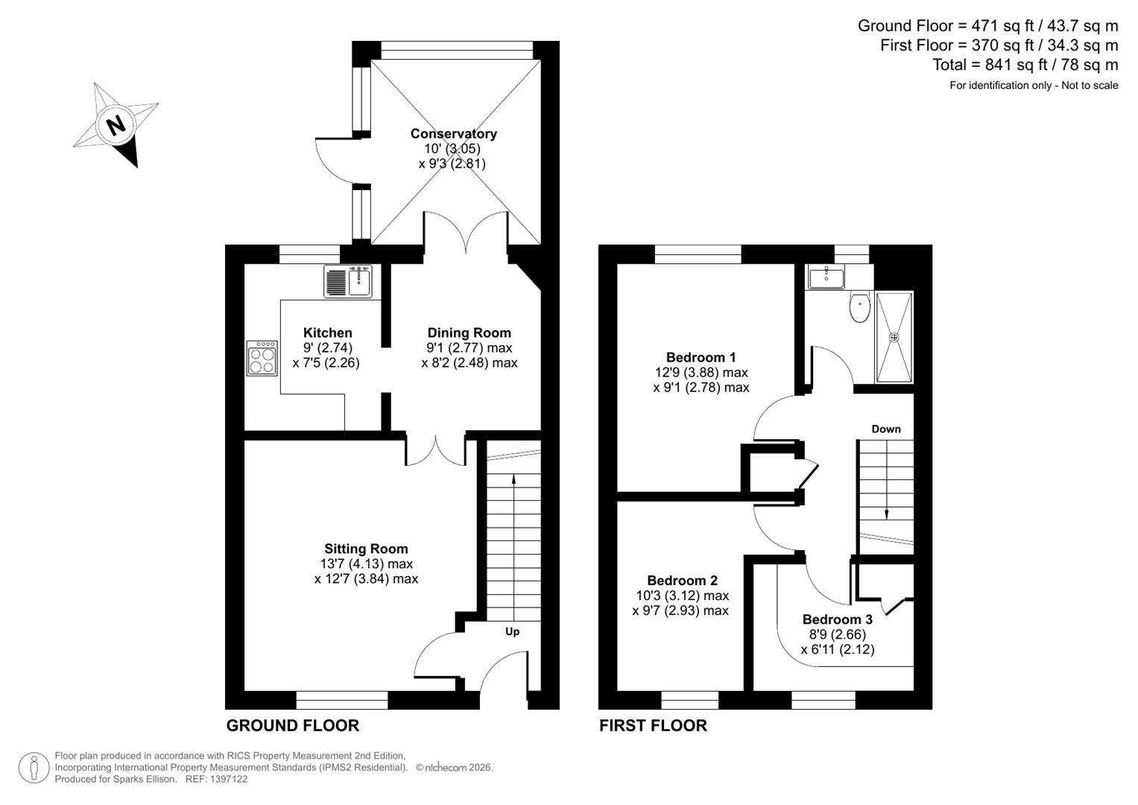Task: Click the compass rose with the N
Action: [x=116, y=124]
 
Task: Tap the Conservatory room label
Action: [x=453, y=134]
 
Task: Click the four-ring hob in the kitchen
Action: [x=262, y=358]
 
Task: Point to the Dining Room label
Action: [x=469, y=333]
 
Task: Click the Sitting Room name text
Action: [x=366, y=549]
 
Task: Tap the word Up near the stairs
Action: [x=512, y=632]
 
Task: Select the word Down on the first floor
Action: [x=885, y=429]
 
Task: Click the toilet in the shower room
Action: [x=859, y=307]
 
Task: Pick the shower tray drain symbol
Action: [x=894, y=337]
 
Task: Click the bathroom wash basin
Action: [x=826, y=277]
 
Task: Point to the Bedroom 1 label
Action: [x=701, y=357]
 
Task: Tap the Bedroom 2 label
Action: [x=682, y=581]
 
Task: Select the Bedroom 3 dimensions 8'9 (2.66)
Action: [x=837, y=634]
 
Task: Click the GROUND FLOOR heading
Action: [x=292, y=725]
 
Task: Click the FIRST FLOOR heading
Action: [x=653, y=725]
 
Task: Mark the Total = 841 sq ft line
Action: [x=1025, y=65]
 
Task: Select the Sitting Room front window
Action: [x=342, y=700]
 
